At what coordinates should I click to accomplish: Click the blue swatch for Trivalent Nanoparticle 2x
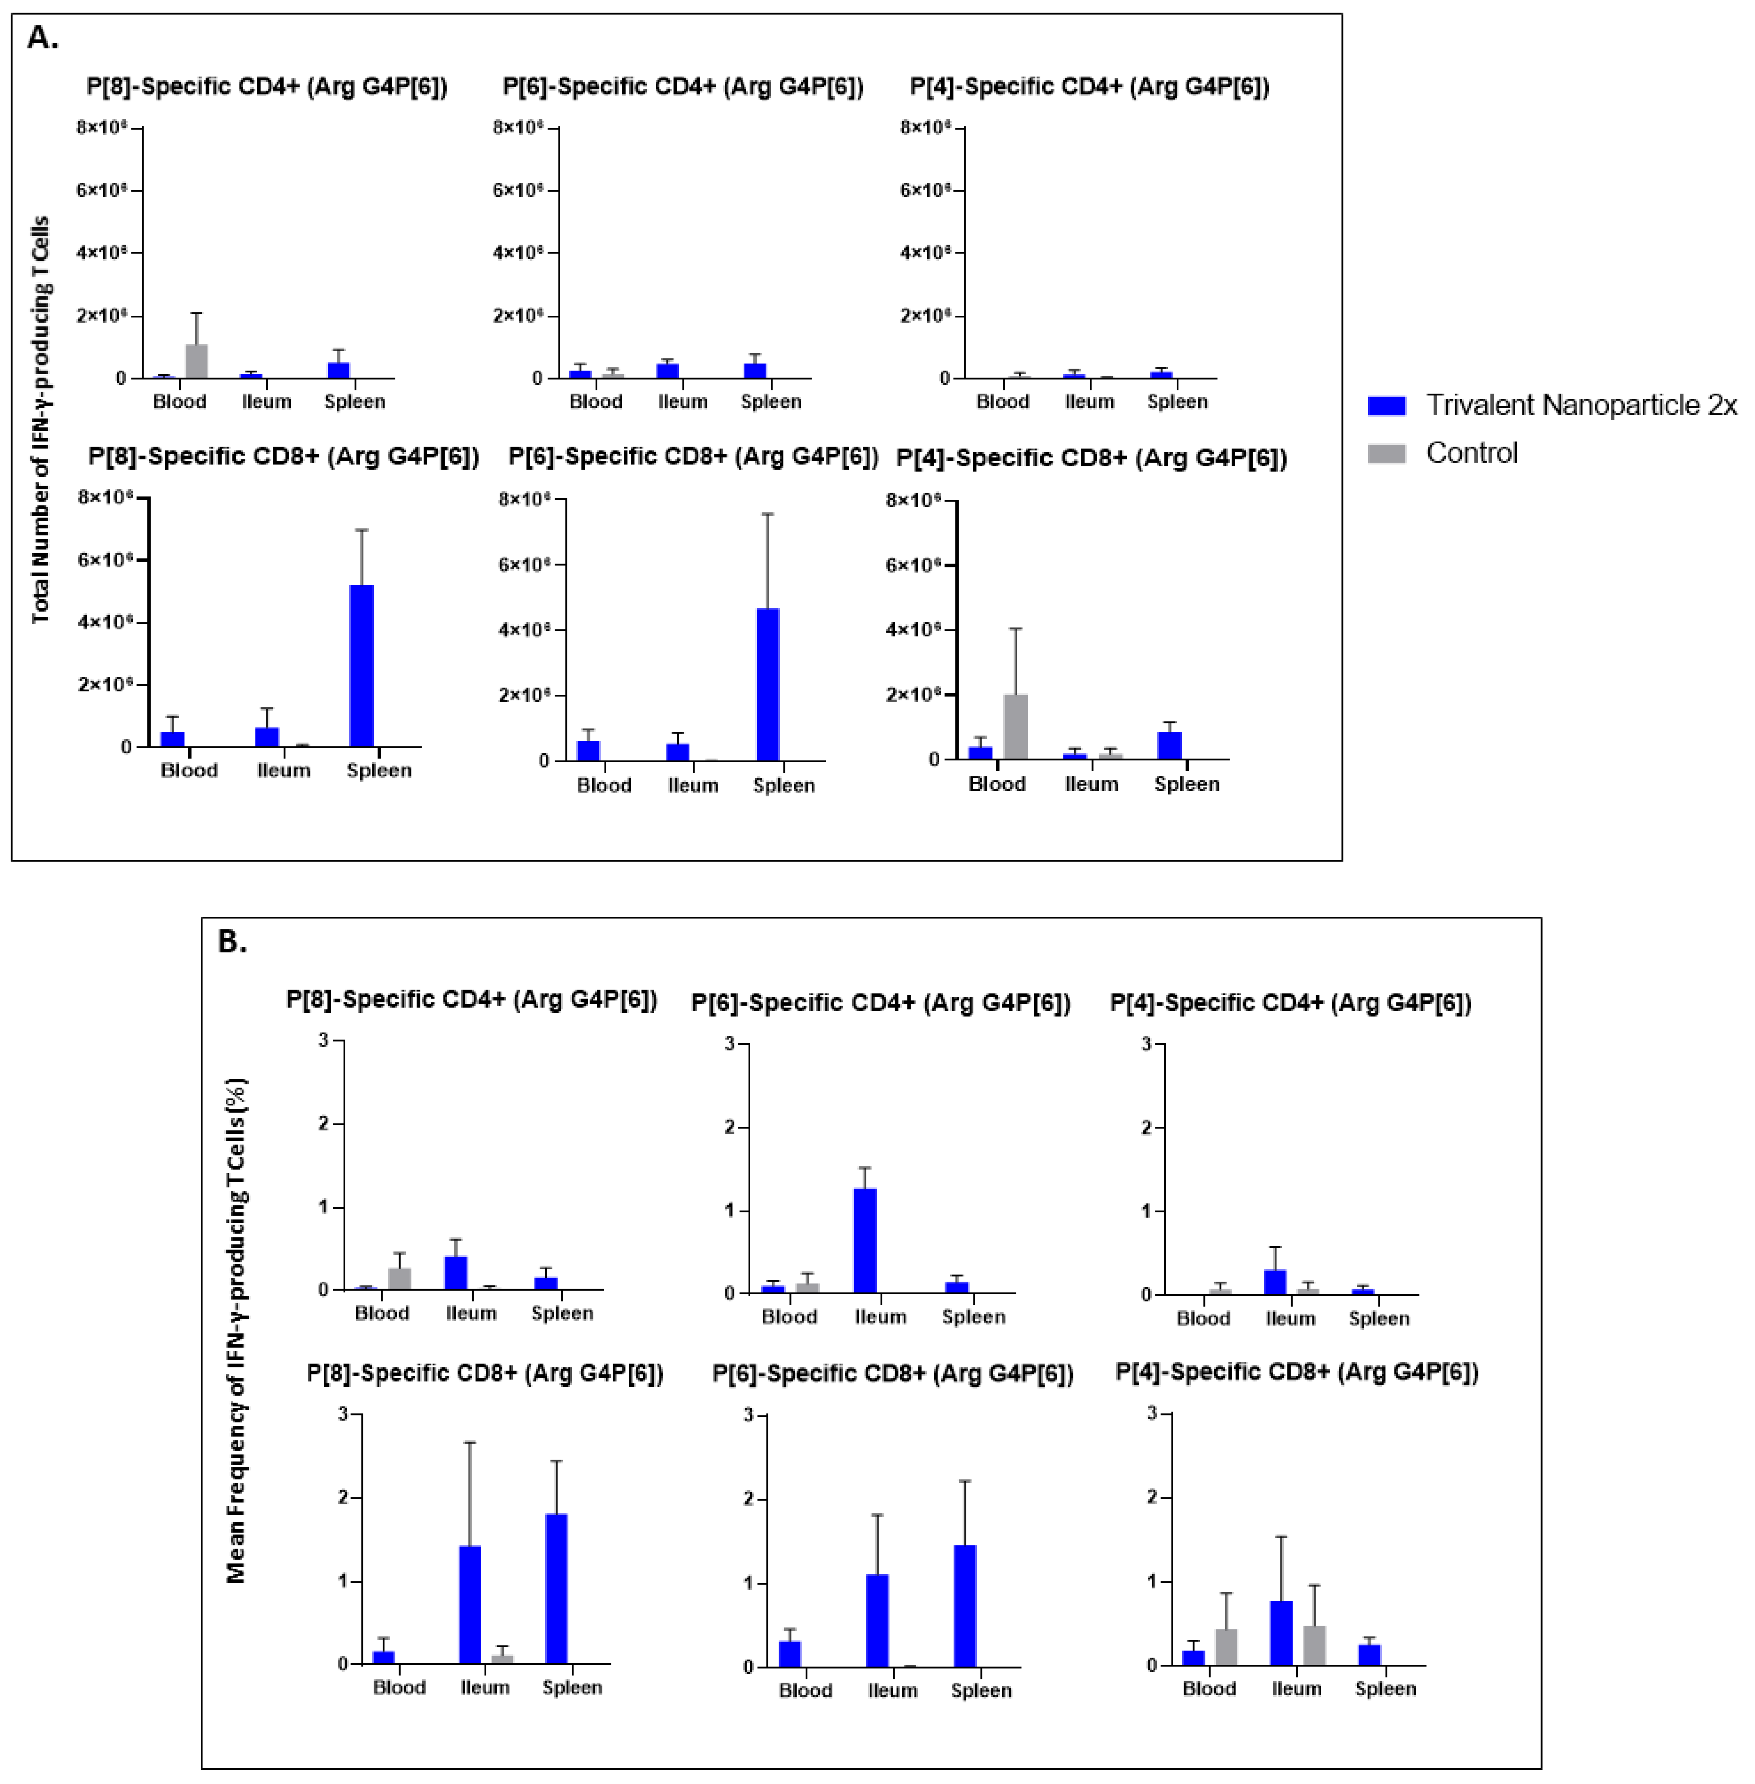[1386, 405]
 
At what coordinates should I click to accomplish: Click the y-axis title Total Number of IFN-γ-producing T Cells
[40, 419]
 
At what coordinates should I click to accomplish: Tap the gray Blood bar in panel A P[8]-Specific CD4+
[196, 361]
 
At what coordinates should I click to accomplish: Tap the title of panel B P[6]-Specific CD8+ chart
[892, 1374]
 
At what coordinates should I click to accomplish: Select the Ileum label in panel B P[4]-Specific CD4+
[1289, 1319]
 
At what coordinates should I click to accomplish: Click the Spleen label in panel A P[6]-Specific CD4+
[770, 402]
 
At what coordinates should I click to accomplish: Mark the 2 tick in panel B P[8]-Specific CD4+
[323, 1123]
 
